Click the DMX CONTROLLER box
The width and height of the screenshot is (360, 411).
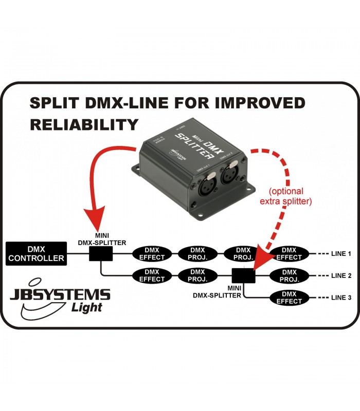tap(35, 253)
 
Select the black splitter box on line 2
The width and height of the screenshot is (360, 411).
tap(243, 276)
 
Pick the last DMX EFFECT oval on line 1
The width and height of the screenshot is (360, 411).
tap(289, 253)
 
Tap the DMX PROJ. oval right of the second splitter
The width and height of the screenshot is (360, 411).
tap(289, 275)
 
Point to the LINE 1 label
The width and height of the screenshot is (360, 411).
tap(341, 254)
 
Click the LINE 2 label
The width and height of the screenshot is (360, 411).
tap(341, 276)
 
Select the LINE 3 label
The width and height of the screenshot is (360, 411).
tap(341, 298)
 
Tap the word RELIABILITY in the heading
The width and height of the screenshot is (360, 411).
tap(84, 124)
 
